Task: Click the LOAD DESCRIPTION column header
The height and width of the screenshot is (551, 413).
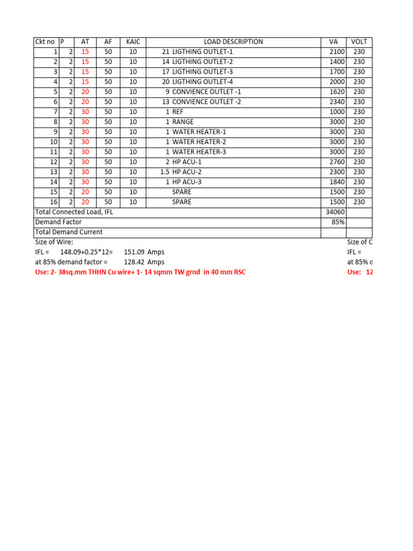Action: (233, 42)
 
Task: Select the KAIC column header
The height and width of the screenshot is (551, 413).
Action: (133, 42)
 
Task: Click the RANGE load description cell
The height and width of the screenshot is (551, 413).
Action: (183, 122)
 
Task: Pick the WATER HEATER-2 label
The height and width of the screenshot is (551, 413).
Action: (199, 142)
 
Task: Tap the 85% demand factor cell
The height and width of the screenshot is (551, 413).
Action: (338, 222)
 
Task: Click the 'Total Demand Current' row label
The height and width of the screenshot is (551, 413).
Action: (69, 232)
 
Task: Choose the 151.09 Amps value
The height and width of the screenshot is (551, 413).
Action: (144, 252)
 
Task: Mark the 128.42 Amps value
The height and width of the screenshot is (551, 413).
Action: (144, 262)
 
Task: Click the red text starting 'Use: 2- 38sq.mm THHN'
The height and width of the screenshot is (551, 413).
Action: (140, 272)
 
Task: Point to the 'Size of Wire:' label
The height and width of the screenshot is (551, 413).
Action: (54, 242)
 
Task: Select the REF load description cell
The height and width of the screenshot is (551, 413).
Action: (178, 112)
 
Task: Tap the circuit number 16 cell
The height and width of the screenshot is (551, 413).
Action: (53, 202)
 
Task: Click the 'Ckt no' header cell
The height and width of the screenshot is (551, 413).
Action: (45, 42)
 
